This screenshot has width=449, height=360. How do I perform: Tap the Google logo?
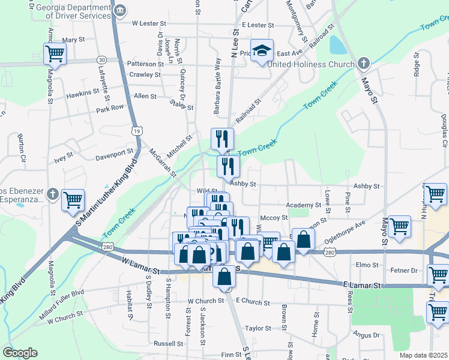coord(20,353)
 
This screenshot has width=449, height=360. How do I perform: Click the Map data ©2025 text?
coord(423,355)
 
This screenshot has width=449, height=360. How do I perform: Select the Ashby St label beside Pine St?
coord(367,187)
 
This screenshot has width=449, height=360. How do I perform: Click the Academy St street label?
coord(304,205)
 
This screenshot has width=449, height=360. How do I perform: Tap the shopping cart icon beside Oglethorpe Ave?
coord(399,227)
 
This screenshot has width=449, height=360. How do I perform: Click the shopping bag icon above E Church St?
coord(224,277)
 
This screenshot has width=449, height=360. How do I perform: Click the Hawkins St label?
coord(83,93)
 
